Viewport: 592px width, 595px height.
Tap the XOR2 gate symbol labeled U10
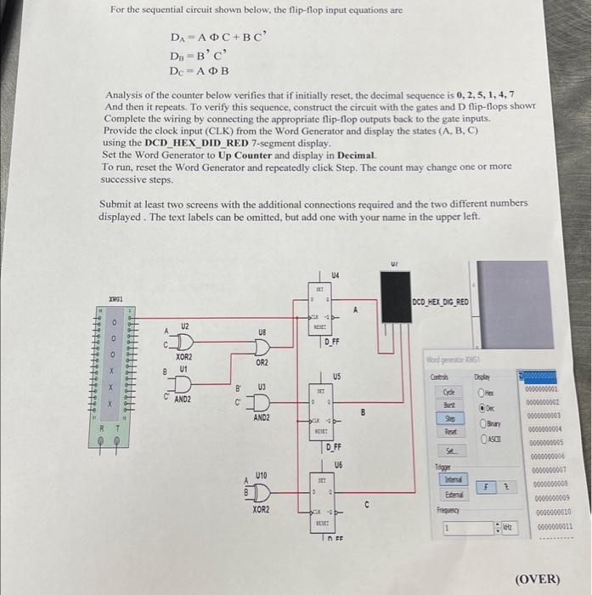[x=259, y=494]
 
